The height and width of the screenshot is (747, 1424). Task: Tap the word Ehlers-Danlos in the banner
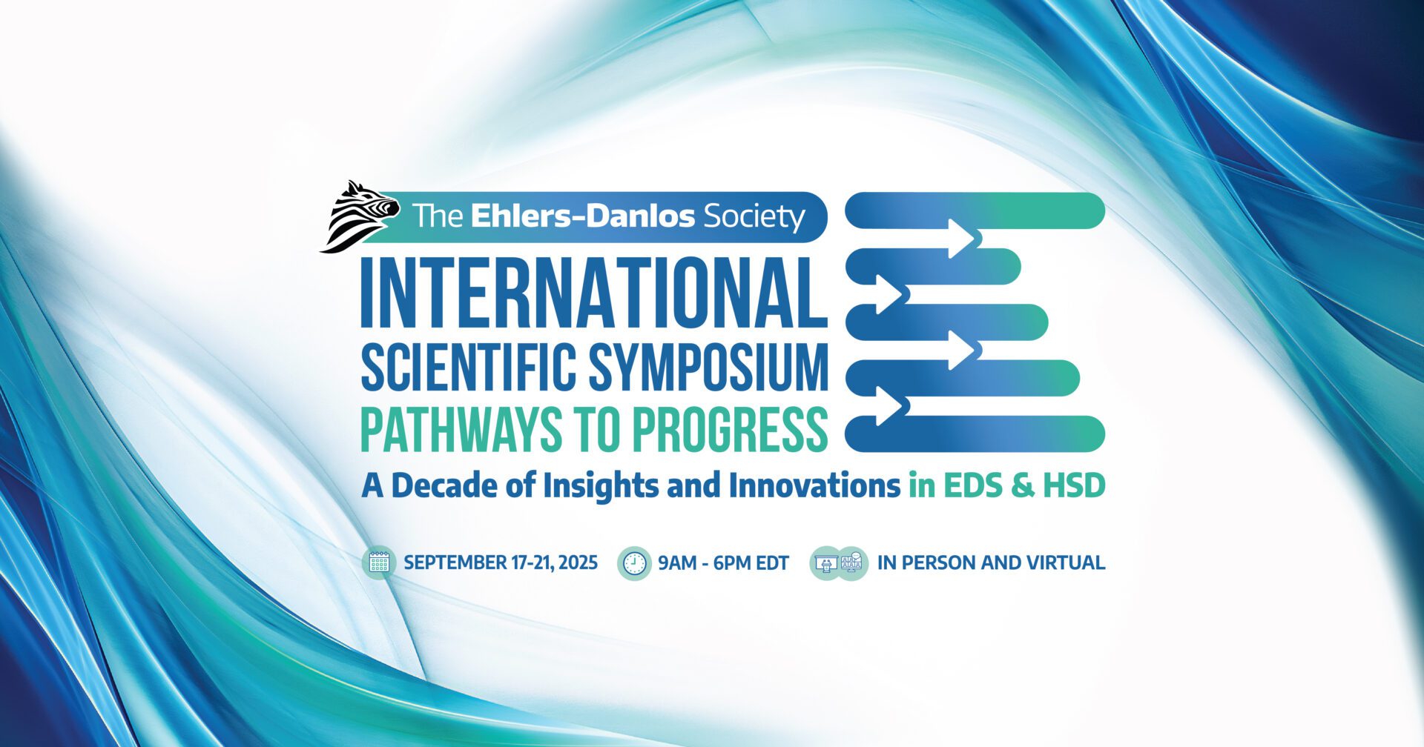(583, 216)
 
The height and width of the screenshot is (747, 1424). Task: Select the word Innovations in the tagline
(814, 486)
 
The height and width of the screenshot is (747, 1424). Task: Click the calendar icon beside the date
(379, 563)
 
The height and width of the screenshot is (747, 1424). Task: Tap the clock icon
(634, 563)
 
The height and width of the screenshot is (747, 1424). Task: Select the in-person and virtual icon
(839, 563)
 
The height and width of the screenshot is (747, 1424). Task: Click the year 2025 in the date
(578, 562)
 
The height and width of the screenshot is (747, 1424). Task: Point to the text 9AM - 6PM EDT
(724, 563)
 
